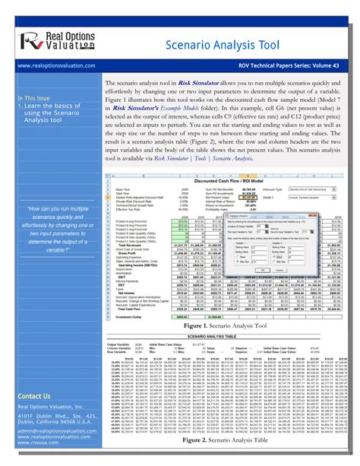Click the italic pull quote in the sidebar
tap(49, 228)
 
